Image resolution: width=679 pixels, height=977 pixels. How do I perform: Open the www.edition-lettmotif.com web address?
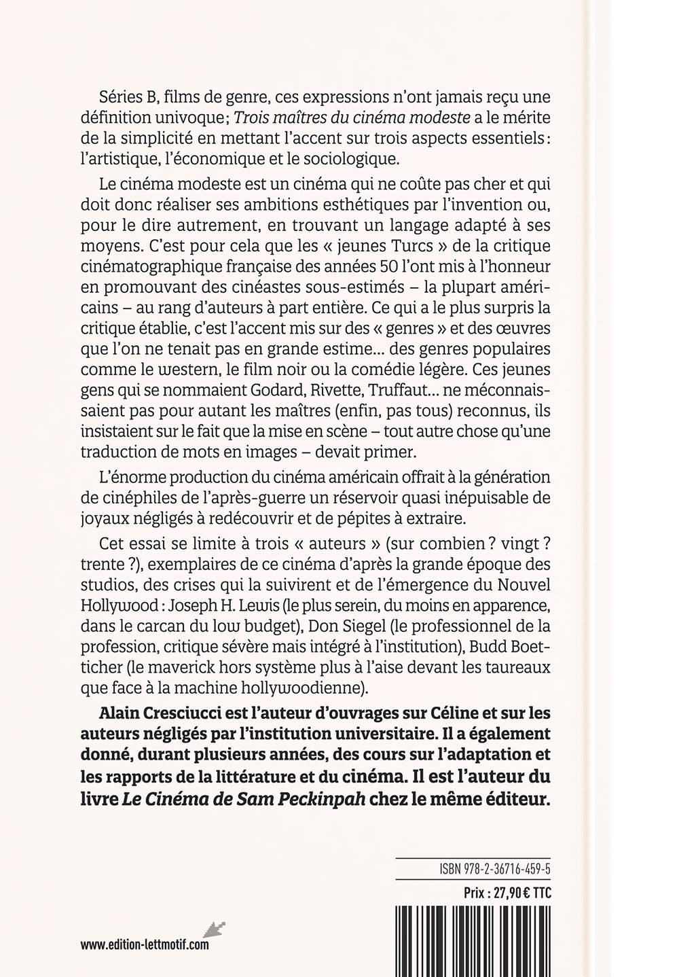click(x=145, y=944)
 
